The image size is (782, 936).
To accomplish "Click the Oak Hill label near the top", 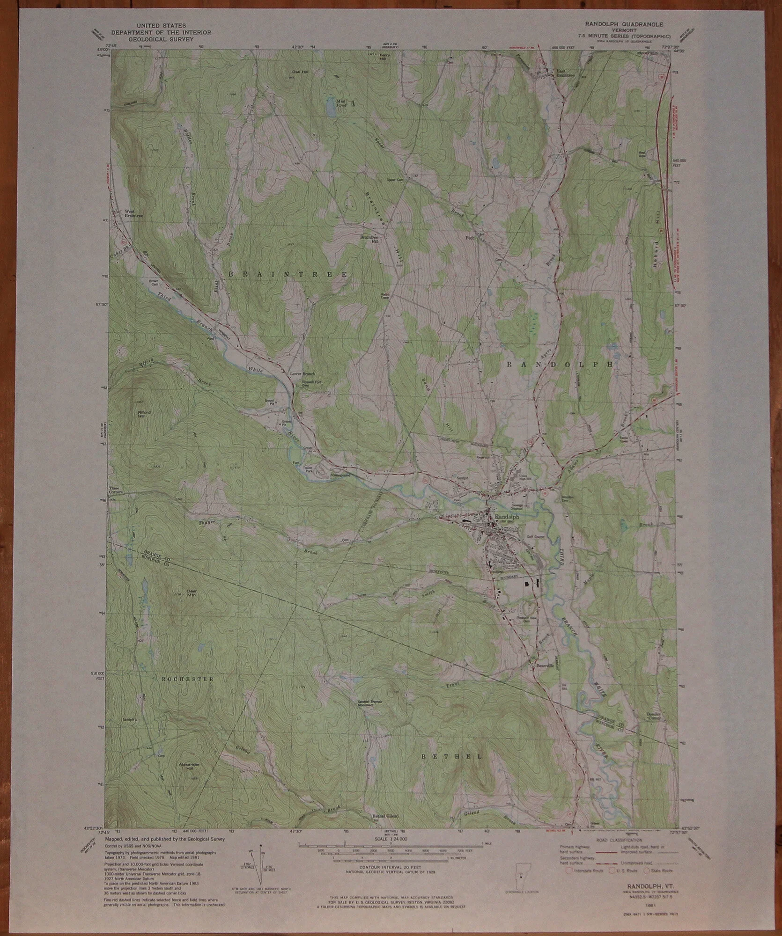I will click(298, 72).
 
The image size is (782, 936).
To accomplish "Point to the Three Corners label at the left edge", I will click(116, 490).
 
